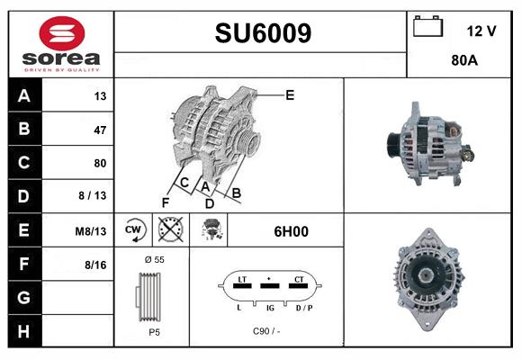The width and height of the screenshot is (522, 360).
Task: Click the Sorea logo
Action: pos(61,44)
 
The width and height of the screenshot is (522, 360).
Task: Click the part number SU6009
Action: pos(263,33)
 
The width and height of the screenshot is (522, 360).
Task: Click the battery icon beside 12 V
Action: pos(427,28)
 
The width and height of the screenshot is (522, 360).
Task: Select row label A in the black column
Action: pos(23,96)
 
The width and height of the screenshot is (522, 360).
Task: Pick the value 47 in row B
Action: pos(99,130)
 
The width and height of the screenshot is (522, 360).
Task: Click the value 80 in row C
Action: pos(99,164)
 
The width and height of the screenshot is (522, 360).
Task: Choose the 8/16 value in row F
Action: pos(95,265)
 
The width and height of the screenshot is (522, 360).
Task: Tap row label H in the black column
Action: pos(23,332)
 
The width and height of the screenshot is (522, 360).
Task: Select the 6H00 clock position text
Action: pos(291,231)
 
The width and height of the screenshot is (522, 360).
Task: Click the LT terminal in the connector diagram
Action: pos(241,281)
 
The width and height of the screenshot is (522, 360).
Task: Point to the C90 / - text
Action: pos(267,331)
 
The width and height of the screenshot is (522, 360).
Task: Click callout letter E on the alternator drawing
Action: pos(290,94)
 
